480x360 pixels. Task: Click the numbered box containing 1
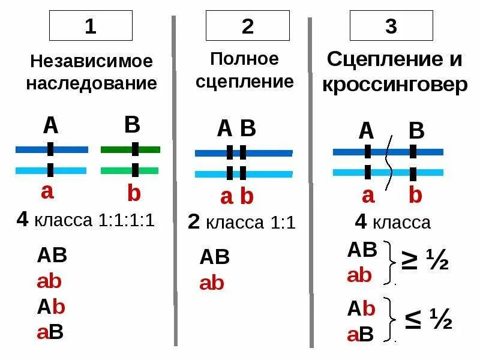[x=90, y=27]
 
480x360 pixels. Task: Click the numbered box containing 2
[x=247, y=27]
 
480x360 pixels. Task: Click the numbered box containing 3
[x=391, y=27]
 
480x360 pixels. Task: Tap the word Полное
[x=245, y=59]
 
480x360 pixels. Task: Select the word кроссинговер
[x=394, y=85]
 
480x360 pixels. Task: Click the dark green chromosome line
[x=130, y=149]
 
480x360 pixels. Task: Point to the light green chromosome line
[x=130, y=170]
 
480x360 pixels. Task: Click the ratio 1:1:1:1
[x=127, y=220]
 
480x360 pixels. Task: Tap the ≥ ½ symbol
[x=427, y=261]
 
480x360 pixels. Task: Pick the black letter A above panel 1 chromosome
[x=50, y=126]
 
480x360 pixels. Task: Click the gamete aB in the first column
[x=50, y=332]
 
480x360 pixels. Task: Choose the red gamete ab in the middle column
[x=211, y=283]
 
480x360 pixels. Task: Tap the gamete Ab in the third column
[x=361, y=310]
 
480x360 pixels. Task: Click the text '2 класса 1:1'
[x=242, y=223]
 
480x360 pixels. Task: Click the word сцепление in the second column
[x=245, y=82]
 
